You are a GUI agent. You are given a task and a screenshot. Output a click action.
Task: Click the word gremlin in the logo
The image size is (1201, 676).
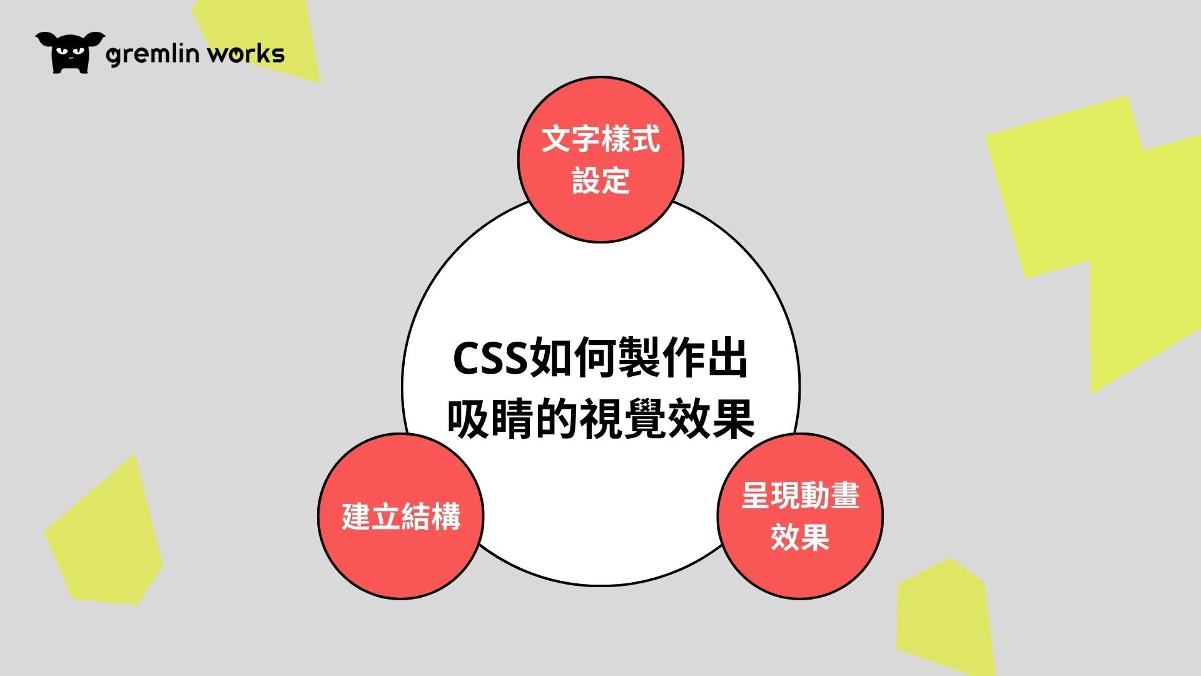(x=153, y=54)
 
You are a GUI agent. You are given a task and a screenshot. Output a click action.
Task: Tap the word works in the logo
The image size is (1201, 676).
(x=246, y=53)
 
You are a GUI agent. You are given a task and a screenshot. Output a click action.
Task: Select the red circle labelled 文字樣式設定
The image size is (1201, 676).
(x=600, y=160)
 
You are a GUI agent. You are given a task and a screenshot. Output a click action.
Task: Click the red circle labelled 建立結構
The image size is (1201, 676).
(x=401, y=516)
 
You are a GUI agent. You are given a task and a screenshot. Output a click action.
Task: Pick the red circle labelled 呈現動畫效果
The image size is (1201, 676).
(x=800, y=516)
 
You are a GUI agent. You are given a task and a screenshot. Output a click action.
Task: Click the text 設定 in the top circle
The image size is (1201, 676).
(x=600, y=180)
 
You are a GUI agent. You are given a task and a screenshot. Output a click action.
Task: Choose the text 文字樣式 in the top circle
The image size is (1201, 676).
(x=600, y=139)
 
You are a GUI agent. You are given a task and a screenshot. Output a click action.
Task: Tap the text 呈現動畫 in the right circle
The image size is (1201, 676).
(x=800, y=496)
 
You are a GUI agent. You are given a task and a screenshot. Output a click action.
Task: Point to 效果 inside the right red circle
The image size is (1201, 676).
(x=800, y=537)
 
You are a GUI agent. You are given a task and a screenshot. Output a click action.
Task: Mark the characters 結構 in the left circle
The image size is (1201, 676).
(x=430, y=516)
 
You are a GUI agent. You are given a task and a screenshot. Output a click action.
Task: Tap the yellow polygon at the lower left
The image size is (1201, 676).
(x=103, y=532)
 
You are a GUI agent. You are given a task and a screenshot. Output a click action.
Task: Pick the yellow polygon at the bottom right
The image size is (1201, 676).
(x=945, y=617)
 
